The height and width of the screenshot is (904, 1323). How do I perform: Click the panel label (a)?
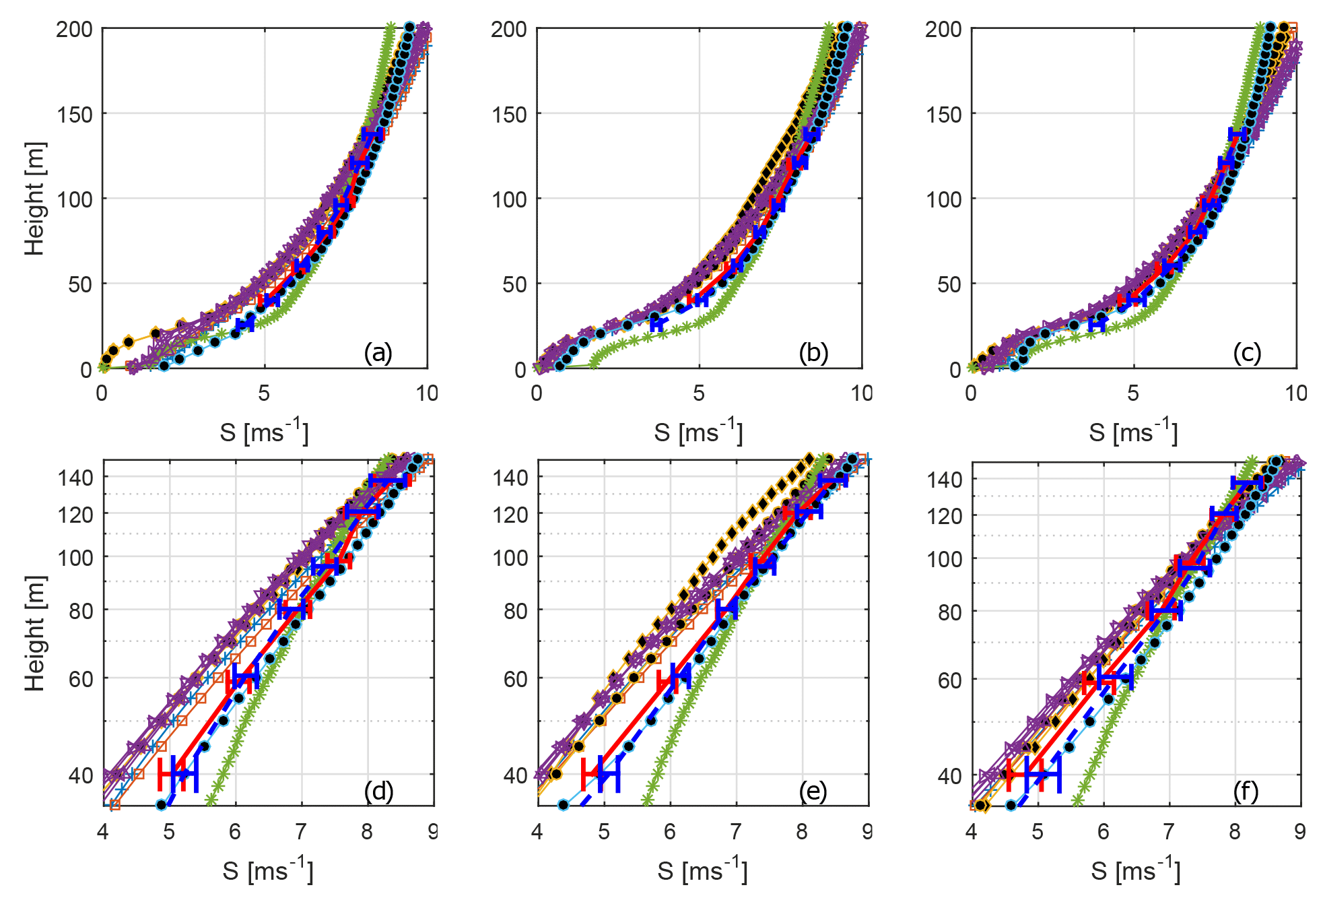point(378,352)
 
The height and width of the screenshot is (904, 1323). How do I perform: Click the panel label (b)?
point(813,352)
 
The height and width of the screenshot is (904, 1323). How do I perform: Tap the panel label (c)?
point(1247,352)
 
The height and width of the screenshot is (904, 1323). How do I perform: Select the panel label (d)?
point(378,790)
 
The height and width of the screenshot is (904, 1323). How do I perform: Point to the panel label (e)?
point(813,790)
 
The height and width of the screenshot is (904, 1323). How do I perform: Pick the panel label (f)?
point(1246,790)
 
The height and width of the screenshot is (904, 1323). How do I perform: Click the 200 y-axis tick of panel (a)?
point(75,30)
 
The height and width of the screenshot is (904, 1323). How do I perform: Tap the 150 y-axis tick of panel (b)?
point(509,115)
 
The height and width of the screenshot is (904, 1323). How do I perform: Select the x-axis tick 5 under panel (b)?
point(699,393)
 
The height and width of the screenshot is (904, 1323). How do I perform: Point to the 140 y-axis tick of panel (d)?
point(75,478)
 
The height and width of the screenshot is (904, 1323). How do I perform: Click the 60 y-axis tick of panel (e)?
point(516,679)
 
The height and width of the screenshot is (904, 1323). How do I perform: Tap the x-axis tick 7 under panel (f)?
point(1169,831)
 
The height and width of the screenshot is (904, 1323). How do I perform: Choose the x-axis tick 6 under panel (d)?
point(234,831)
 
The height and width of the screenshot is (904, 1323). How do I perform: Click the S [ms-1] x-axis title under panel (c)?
point(1133,432)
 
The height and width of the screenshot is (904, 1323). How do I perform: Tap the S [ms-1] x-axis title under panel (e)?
point(702,870)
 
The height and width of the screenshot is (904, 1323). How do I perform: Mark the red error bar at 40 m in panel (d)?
point(172,774)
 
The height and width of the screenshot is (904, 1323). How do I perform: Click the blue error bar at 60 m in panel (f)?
point(1115,677)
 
